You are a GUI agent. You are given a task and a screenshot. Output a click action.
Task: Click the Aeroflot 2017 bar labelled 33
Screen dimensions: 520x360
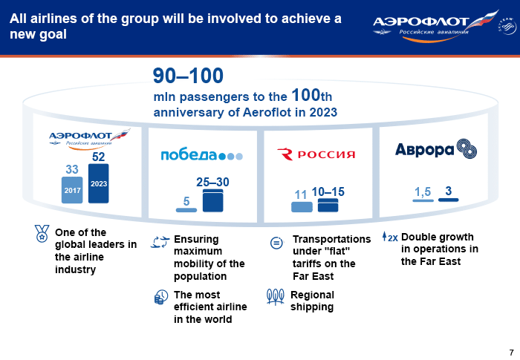tap(72, 190)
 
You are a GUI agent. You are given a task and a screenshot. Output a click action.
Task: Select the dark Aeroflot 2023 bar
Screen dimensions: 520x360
tap(99, 183)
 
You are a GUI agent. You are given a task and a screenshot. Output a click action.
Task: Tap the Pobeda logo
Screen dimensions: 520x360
tap(202, 155)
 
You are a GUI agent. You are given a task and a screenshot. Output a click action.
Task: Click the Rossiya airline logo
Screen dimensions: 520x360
tap(316, 154)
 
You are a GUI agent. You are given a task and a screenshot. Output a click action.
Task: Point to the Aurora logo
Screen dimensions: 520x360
tap(436, 149)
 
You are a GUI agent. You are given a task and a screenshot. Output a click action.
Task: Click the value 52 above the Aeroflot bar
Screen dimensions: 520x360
tap(99, 157)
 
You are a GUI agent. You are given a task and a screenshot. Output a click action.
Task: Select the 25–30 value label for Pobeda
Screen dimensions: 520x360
tap(212, 182)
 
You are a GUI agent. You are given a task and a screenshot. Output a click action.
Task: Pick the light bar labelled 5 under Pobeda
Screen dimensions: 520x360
tap(186, 210)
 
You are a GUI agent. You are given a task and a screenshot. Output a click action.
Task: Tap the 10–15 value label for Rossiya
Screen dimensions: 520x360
tap(328, 192)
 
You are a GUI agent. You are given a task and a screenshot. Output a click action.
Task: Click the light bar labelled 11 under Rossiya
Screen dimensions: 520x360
tap(302, 207)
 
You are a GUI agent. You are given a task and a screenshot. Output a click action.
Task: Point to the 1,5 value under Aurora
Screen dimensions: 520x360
tap(423, 192)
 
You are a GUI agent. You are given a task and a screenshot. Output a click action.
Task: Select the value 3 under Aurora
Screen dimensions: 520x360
tap(449, 191)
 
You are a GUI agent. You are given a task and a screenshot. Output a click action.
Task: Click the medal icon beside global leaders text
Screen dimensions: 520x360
tap(42, 233)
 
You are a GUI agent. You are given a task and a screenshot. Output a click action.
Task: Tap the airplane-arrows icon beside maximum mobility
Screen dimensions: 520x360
tap(160, 242)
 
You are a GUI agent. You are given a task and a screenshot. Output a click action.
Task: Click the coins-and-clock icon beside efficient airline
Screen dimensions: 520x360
tap(161, 298)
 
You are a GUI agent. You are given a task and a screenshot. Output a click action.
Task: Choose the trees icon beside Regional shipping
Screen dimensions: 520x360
tap(276, 297)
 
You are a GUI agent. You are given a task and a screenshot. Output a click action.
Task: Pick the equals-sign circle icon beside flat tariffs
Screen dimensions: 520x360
tap(276, 243)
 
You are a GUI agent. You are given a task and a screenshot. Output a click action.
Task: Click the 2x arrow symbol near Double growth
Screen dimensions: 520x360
tap(390, 237)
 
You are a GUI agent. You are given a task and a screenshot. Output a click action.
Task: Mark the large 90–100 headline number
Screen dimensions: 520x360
tap(188, 76)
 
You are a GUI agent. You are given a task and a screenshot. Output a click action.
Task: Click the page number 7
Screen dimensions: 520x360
tap(511, 352)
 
